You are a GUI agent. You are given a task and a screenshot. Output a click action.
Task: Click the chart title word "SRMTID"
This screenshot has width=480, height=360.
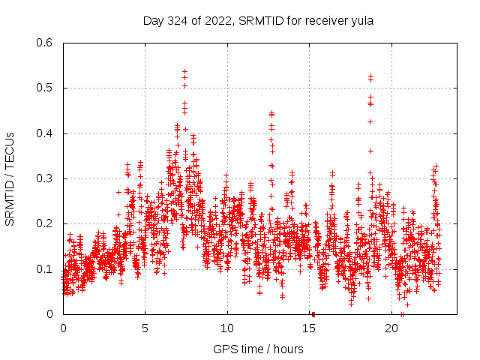260,21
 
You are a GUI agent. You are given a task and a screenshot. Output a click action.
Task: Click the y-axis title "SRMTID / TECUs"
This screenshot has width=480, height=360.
10,178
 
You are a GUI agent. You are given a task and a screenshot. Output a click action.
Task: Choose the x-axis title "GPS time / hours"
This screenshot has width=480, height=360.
259,349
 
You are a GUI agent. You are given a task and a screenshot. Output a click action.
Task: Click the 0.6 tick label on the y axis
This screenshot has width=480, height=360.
43,43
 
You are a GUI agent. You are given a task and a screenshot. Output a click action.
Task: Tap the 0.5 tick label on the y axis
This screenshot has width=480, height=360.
43,88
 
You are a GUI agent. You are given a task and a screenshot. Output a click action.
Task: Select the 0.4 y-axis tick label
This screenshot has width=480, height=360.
43,133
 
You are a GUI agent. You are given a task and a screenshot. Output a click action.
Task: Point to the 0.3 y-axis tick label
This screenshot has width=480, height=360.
43,178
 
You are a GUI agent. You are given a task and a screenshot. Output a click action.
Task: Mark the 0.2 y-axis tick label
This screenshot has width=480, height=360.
43,224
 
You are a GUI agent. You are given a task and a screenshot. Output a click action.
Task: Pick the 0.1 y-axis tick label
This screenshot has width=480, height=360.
43,269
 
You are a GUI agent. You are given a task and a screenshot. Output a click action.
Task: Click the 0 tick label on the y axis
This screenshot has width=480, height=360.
49,314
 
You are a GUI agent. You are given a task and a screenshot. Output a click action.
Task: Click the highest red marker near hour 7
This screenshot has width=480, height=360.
184,71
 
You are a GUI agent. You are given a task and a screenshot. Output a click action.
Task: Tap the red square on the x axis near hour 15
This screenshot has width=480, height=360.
313,313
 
